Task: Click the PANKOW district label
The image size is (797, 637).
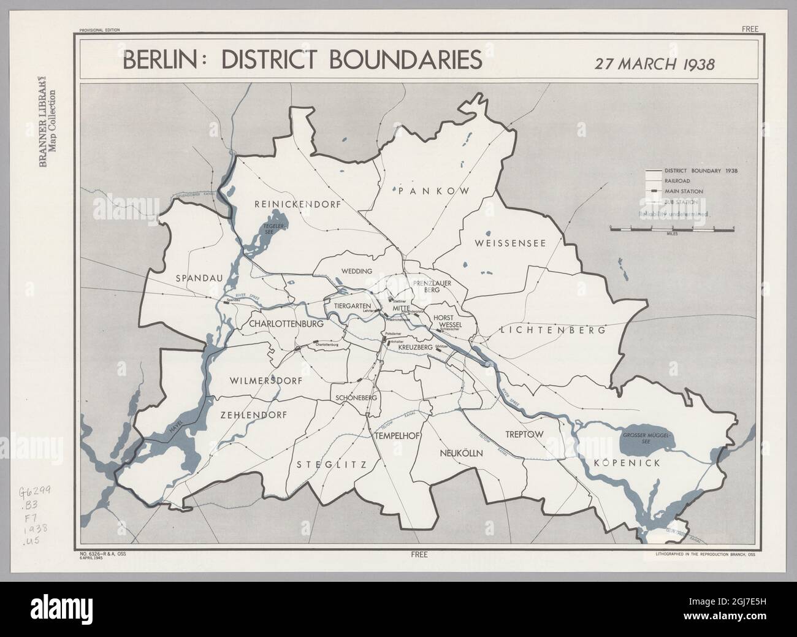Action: click(x=433, y=191)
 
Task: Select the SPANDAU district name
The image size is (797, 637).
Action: click(x=199, y=278)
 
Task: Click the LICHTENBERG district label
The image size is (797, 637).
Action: click(x=552, y=330)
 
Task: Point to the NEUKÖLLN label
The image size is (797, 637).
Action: click(x=462, y=453)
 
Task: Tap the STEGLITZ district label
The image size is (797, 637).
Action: click(x=331, y=465)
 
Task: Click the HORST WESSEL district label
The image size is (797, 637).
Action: click(x=446, y=321)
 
